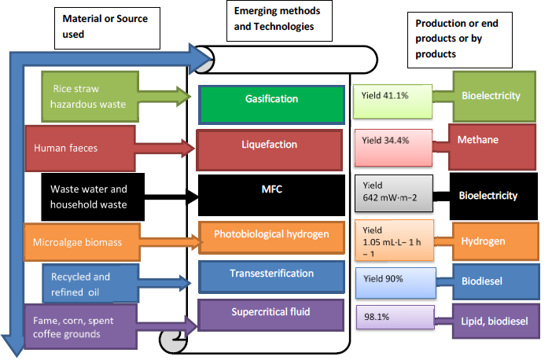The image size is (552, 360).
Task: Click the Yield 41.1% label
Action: click(391, 96)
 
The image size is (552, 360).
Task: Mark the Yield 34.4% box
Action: click(392, 141)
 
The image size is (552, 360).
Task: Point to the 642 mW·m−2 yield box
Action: click(392, 193)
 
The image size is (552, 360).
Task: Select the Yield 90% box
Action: click(391, 278)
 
